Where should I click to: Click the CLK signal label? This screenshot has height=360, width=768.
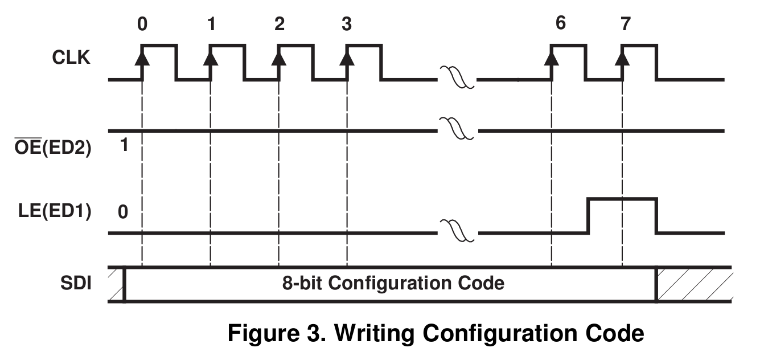coord(70,58)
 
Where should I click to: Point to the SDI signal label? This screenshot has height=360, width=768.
coord(76,283)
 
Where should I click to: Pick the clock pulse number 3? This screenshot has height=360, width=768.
coord(347,25)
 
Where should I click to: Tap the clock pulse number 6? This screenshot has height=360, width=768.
coord(561,25)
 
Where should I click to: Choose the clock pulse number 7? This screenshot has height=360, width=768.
coord(626,25)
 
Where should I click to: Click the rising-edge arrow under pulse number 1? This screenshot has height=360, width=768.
coord(211,58)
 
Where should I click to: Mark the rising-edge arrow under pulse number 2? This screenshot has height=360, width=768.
coord(279,58)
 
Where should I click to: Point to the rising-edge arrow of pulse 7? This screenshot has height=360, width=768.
coord(622,58)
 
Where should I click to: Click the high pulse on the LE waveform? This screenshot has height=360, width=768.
coord(622,199)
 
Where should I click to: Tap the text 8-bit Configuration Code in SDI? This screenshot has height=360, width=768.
coord(393,283)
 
